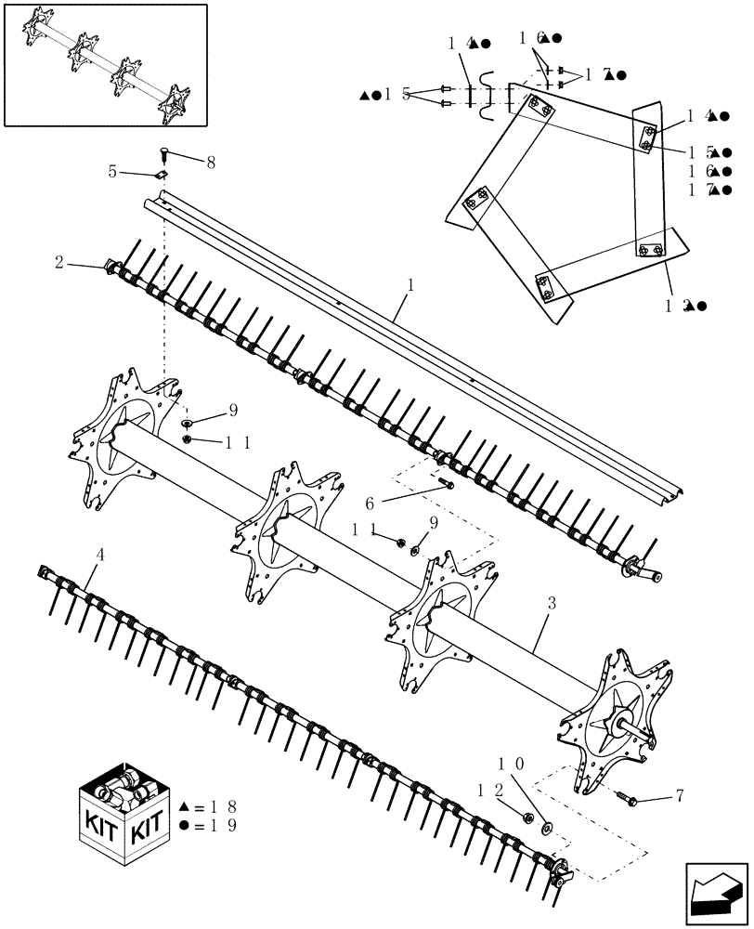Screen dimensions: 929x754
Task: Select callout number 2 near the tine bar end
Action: [x=58, y=264]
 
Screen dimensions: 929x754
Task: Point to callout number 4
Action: [x=100, y=556]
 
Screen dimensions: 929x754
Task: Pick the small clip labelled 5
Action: [x=161, y=172]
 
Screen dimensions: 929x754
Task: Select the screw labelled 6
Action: [x=448, y=483]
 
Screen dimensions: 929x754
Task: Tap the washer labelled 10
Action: [x=546, y=825]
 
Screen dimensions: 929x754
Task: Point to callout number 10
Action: [x=513, y=763]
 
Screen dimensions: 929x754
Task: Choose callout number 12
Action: [x=489, y=791]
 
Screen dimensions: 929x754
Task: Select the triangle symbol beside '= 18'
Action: [x=184, y=806]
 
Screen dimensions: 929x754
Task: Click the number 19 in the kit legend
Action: [x=224, y=825]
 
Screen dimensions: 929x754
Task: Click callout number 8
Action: [x=211, y=162]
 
